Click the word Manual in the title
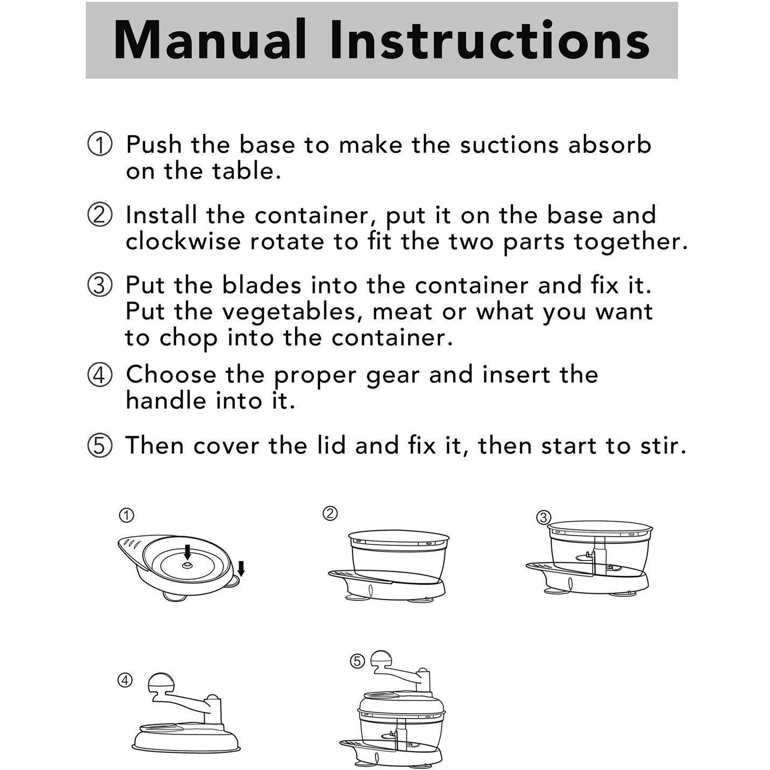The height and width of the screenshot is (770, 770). (x=210, y=40)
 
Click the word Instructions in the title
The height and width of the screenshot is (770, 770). (x=490, y=40)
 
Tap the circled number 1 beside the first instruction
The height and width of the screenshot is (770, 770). (x=99, y=144)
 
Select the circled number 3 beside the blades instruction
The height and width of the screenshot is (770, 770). (x=99, y=286)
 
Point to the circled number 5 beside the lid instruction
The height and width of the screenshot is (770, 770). (x=99, y=446)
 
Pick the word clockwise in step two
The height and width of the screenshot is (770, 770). (x=183, y=241)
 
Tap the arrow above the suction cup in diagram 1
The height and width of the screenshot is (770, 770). (x=241, y=568)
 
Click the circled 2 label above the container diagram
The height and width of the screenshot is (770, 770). (x=330, y=514)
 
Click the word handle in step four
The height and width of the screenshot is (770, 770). (x=167, y=401)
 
